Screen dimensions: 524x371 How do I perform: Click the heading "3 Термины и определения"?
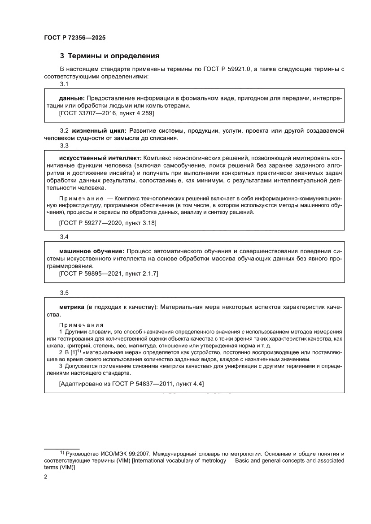(110, 56)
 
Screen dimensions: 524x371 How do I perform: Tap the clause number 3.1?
(64, 84)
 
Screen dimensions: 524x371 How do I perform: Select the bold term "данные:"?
(72, 98)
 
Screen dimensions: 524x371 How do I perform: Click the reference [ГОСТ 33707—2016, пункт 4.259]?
(106, 114)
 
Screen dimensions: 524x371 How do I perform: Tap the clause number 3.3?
(64, 145)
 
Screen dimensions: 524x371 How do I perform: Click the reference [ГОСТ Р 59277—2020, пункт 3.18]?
(108, 222)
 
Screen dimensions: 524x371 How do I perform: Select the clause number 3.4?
(64, 237)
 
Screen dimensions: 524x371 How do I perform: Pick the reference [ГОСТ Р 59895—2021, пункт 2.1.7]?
(109, 273)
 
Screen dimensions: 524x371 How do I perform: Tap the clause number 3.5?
(64, 293)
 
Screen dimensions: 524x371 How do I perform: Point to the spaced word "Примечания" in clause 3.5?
(81, 325)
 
